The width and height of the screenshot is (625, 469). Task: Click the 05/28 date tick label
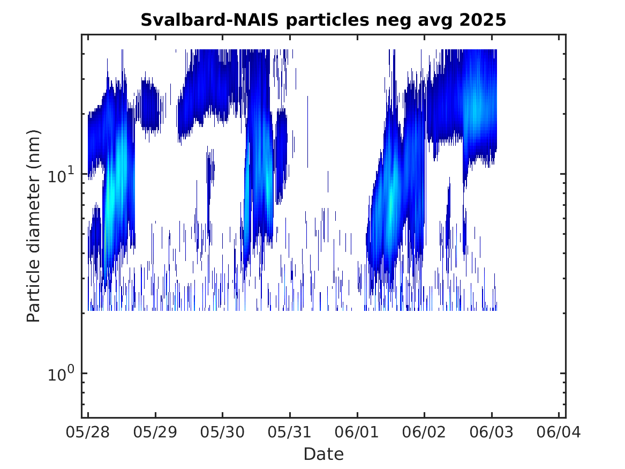point(88,433)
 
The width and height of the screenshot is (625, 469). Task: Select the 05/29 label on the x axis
point(155,433)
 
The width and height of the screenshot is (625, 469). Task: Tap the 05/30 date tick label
point(222,433)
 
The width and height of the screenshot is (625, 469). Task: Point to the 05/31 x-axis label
point(290,433)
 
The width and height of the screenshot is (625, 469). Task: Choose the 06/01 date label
point(357,433)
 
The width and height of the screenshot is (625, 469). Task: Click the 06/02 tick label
point(424,433)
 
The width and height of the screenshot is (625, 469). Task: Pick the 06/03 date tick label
point(492,433)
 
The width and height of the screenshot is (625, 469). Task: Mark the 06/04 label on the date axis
point(559,433)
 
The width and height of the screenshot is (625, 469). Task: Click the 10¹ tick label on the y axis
point(61,174)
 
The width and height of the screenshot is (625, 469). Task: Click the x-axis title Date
point(323,454)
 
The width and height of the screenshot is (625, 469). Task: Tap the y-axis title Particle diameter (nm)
point(34,226)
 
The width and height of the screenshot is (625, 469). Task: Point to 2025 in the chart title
point(483,20)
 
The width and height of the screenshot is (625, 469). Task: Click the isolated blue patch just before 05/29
point(150,106)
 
